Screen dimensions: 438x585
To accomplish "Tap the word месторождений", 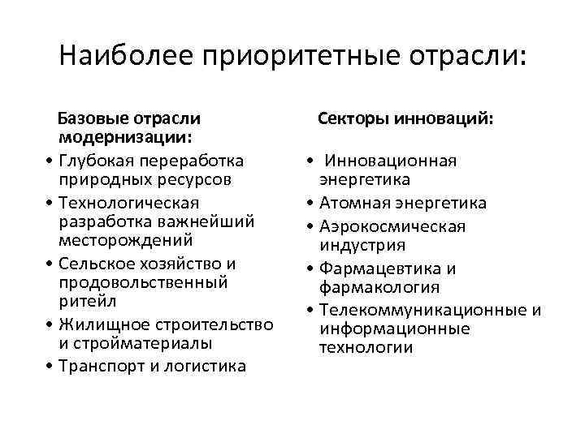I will pyautogui.click(x=125, y=242).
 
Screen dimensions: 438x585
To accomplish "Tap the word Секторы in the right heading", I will pyautogui.click(x=350, y=119).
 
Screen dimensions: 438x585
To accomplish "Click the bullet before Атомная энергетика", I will pyautogui.click(x=312, y=202).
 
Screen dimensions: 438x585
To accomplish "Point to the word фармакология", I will pyautogui.click(x=380, y=288).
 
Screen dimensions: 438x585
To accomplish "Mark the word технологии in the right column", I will pyautogui.click(x=366, y=350).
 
